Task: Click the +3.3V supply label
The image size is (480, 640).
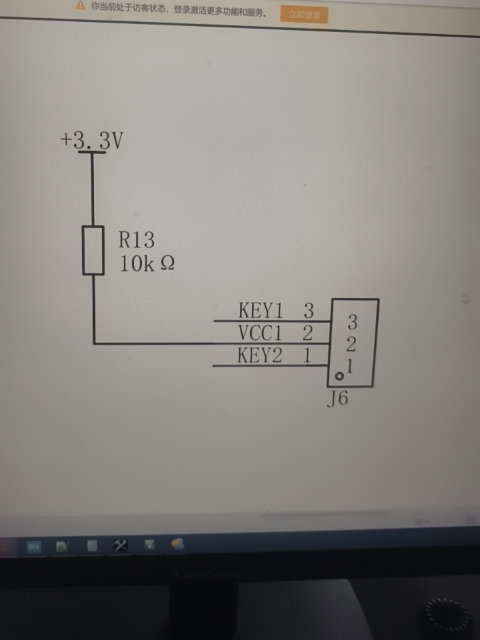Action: [92, 140]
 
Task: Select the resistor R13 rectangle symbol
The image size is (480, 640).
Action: [93, 250]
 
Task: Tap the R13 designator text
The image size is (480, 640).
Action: [136, 240]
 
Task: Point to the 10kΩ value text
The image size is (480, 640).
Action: [147, 264]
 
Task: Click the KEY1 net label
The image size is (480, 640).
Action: [260, 310]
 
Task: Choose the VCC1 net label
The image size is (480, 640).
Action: [260, 332]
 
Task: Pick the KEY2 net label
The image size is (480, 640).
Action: [260, 355]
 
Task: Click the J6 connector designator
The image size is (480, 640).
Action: [338, 398]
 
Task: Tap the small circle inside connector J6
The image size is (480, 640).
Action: [339, 376]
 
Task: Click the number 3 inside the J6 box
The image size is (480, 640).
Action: [352, 322]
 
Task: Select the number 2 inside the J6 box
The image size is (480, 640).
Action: [351, 344]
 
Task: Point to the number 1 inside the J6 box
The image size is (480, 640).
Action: [350, 366]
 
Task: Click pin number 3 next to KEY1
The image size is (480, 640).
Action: [308, 310]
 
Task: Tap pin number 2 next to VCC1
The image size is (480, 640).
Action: [308, 332]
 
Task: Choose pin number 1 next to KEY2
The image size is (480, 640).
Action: [307, 355]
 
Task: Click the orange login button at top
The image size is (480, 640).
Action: [304, 15]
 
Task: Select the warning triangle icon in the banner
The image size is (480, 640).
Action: [80, 6]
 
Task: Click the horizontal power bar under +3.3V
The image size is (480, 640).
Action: [92, 152]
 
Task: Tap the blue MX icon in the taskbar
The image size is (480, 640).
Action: [34, 547]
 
